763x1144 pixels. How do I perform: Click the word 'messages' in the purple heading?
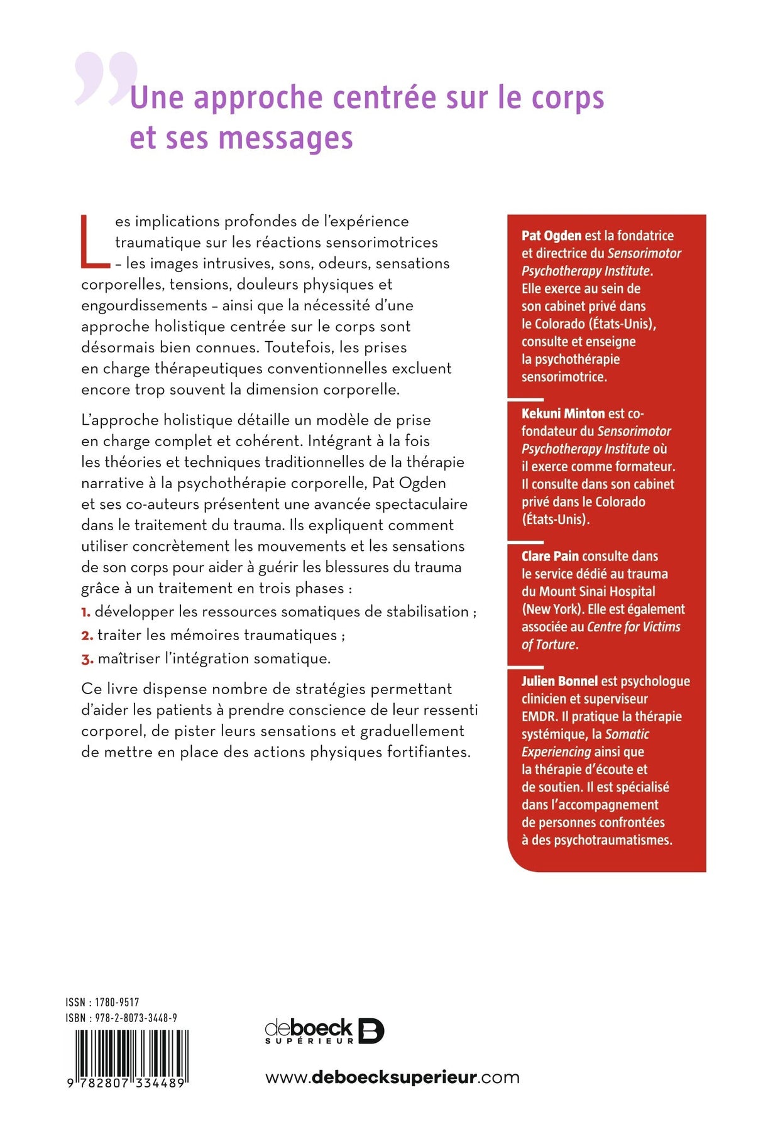click(x=285, y=138)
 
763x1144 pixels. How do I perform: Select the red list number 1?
click(x=85, y=612)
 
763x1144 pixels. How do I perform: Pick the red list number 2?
click(x=87, y=635)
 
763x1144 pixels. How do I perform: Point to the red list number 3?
click(x=87, y=659)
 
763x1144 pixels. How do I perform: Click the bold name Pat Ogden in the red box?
click(x=551, y=236)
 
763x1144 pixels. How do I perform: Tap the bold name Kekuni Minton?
click(x=563, y=413)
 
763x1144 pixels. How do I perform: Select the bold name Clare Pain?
click(x=549, y=556)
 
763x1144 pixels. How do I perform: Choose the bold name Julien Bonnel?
click(x=559, y=681)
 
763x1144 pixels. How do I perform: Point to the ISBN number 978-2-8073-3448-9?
click(x=136, y=1018)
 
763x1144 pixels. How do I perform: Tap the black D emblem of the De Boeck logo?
click(x=371, y=1031)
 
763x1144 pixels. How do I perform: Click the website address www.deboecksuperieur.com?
click(x=392, y=1077)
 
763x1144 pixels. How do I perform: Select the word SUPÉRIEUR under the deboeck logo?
click(x=310, y=1041)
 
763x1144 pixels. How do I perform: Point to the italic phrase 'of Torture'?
click(x=549, y=645)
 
